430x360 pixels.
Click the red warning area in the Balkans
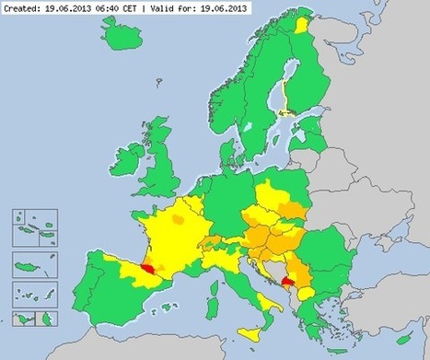[288, 283]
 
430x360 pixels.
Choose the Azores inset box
[29, 226]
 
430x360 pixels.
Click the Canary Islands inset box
[29, 318]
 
